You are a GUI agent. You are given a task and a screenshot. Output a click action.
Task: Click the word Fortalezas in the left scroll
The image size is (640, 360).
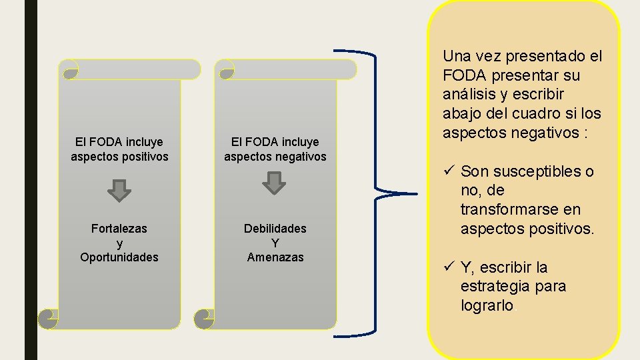(119, 229)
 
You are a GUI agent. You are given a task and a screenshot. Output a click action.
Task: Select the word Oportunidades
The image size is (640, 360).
(119, 257)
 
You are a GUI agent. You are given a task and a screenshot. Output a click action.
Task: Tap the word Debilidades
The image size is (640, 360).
(275, 229)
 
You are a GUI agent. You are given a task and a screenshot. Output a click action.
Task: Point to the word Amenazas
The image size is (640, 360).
(275, 257)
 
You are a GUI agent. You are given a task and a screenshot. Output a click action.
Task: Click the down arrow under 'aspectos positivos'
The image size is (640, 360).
(119, 190)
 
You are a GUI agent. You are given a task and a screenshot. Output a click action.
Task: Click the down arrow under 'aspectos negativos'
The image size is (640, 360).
(273, 183)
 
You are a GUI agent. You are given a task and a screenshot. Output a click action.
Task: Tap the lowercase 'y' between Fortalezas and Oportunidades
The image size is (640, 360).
(119, 243)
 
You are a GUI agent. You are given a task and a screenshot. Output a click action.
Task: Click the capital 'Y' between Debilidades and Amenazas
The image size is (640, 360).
(275, 243)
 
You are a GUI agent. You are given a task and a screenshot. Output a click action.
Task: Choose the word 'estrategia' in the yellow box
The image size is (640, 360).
(494, 287)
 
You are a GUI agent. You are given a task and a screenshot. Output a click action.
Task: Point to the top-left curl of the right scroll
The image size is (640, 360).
(225, 69)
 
